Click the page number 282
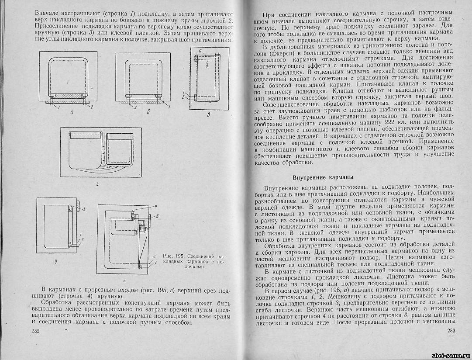(36, 331)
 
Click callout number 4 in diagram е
(155, 205)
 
